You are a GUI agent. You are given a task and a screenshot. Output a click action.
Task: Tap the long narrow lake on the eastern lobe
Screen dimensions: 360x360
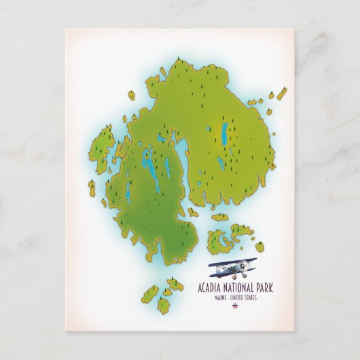(224, 134)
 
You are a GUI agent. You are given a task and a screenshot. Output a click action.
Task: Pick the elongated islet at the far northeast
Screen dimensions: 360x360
(281, 94)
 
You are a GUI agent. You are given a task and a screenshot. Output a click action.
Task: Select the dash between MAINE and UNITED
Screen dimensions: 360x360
(228, 295)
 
